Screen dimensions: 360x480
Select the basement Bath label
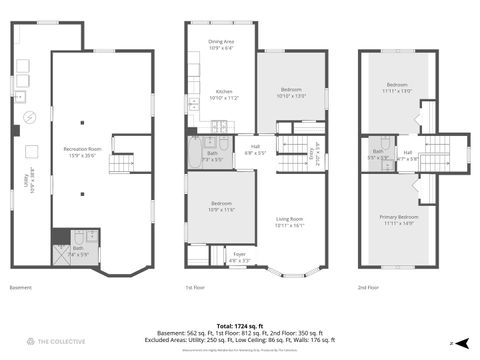[78, 251]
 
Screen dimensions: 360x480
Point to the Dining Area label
[221, 44]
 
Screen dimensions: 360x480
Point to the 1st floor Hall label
[255, 150]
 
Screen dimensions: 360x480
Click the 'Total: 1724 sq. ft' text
[240, 325]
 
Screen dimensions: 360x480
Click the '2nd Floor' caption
[370, 287]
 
